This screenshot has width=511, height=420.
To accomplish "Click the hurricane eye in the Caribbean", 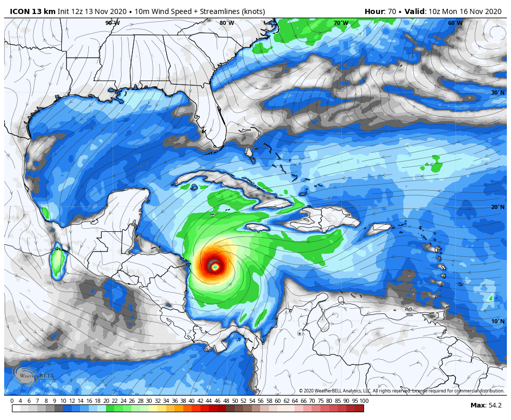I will click(x=214, y=267).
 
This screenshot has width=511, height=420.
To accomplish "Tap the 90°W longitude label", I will click(x=113, y=23).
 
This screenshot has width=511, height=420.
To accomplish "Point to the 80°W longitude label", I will click(x=226, y=23).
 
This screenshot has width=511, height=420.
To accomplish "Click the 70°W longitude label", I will click(x=341, y=23).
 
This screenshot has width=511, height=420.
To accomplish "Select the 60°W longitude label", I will click(x=455, y=23).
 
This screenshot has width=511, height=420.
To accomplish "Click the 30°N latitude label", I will click(x=498, y=93).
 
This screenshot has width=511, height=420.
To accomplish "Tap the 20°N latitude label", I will click(x=498, y=207).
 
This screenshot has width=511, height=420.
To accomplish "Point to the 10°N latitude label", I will click(x=498, y=321).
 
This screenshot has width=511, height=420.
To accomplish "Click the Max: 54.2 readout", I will click(x=487, y=405).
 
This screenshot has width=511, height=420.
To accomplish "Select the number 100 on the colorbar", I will click(x=364, y=401).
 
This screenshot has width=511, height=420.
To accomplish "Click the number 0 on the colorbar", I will click(x=12, y=401).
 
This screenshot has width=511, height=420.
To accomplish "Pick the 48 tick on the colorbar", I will click(x=226, y=401).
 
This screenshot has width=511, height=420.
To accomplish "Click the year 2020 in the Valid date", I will click(x=492, y=11).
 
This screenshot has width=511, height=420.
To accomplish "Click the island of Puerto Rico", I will click(x=381, y=227).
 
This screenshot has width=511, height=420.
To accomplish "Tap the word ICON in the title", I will click(x=19, y=11).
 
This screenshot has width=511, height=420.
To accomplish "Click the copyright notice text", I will click(x=401, y=391).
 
